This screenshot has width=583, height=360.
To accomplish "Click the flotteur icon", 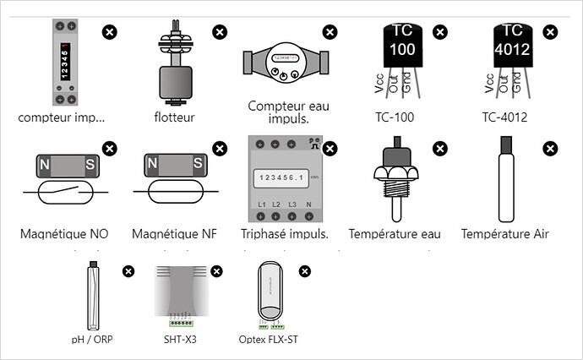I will pos(175,64).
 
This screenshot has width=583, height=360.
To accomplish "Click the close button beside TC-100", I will pos(440,32).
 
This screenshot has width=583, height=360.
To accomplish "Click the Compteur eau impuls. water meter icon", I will pos(284,63).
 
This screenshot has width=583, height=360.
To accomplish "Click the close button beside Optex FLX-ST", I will pos(305,271).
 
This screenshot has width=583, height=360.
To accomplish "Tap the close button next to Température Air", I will pos(550,148).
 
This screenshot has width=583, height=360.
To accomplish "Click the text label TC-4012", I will pos(504,117).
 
